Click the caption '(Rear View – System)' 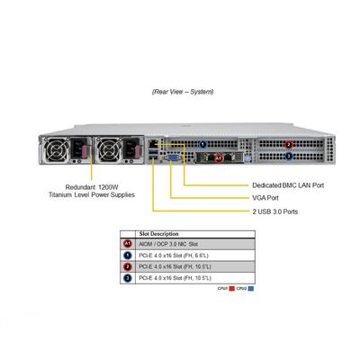[x=183, y=92]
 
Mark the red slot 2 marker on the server [x=288, y=144]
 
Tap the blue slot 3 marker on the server [x=288, y=157]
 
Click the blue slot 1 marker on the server [x=203, y=144]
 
